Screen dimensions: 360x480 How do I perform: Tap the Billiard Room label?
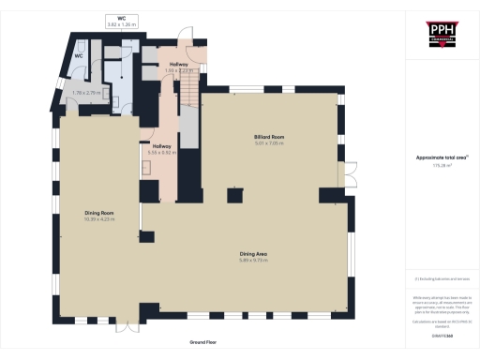(x=268, y=137)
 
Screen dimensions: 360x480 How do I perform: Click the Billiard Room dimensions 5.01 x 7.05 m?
(x=268, y=143)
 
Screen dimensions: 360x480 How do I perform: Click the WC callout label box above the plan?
(x=122, y=21)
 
